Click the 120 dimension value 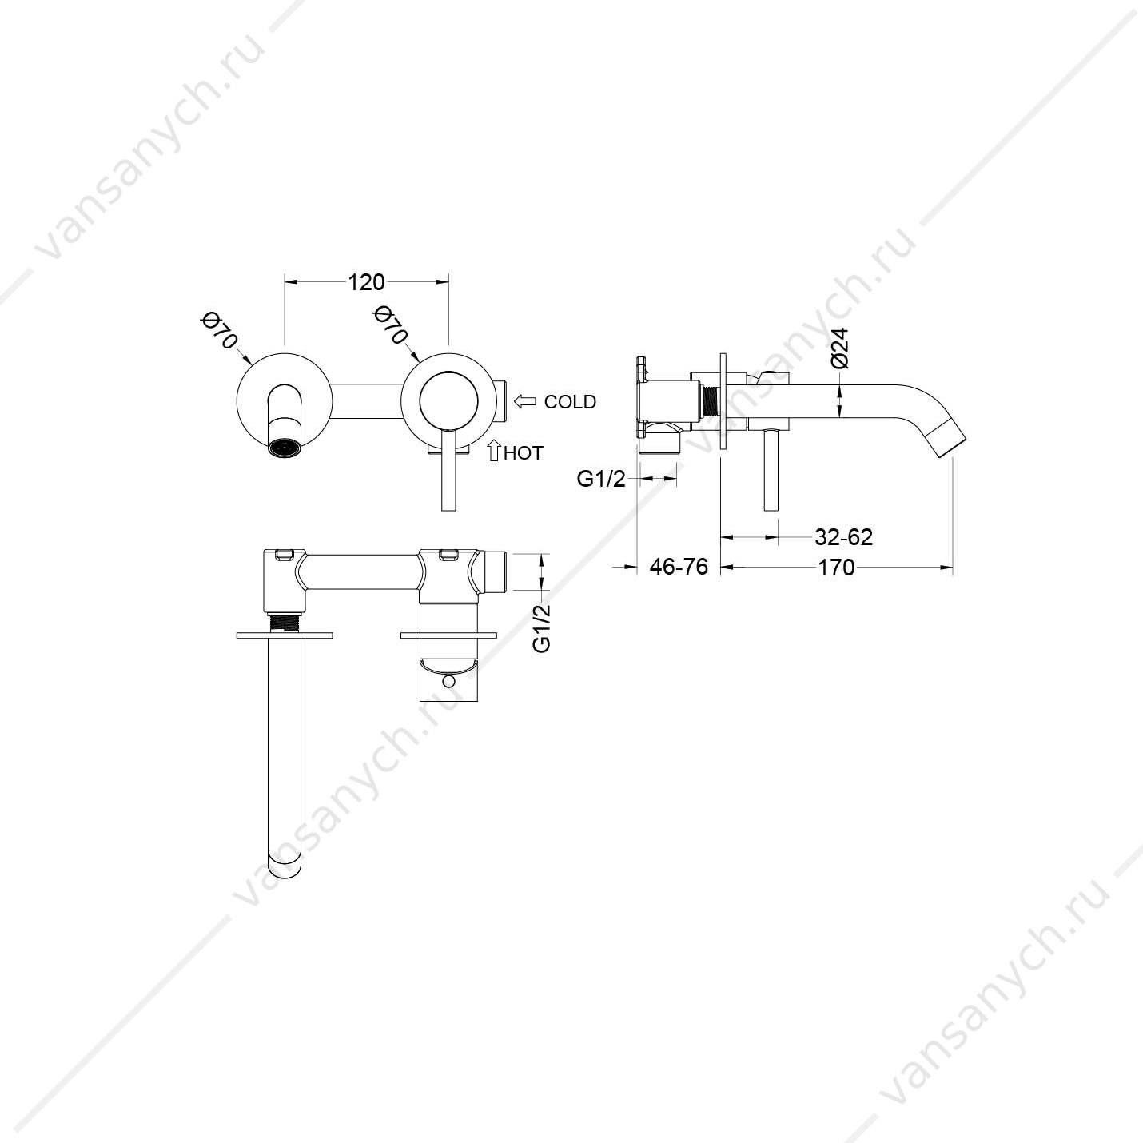(366, 282)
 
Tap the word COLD (570, 402)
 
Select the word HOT (524, 453)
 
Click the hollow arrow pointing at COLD (524, 401)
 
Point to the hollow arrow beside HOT (493, 450)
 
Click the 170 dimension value (836, 568)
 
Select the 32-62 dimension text (843, 537)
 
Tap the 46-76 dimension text (679, 567)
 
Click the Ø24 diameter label (840, 348)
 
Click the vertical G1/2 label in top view (541, 629)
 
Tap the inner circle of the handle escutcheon (449, 400)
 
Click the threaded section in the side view (710, 399)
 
